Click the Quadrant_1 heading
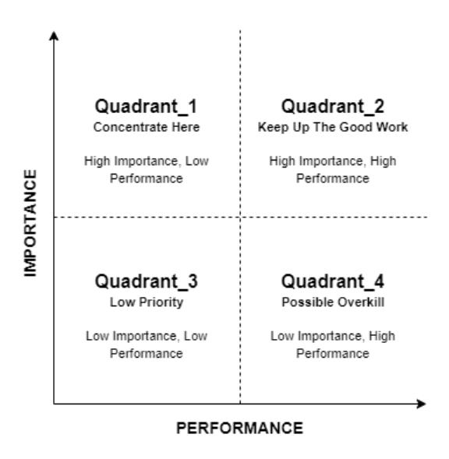pos(146,107)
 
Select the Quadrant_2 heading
pos(332,107)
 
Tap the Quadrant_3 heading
pos(146,281)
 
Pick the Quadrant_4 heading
pos(332,281)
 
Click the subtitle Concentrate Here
pos(147,127)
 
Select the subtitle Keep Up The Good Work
pos(333,127)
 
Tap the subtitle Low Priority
pos(147,302)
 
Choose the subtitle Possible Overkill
pos(333,302)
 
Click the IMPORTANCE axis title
pos(30,223)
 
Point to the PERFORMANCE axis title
pos(239,429)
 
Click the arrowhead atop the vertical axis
pos(54,35)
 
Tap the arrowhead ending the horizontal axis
pos(421,404)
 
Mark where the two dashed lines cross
pos(240,217)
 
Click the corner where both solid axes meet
pos(54,404)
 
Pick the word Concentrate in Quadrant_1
pos(130,127)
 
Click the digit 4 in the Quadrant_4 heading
pos(379,281)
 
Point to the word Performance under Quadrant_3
pos(146,354)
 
